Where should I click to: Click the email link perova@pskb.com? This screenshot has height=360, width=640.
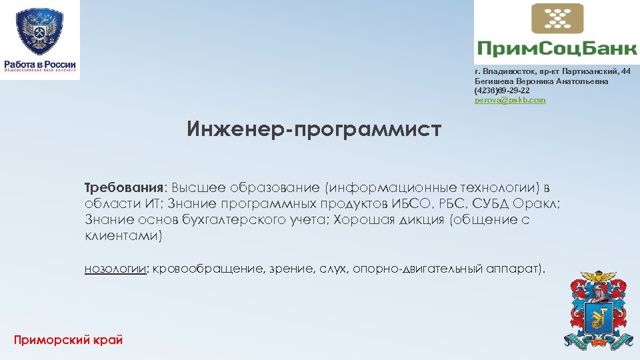click(x=510, y=100)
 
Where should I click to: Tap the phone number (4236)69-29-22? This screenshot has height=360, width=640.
click(x=502, y=90)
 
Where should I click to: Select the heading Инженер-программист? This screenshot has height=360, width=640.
click(x=314, y=129)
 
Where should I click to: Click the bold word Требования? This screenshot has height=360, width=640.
click(x=125, y=188)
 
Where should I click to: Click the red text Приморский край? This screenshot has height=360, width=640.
click(x=69, y=340)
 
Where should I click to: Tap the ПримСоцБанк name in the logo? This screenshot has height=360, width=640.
click(x=555, y=48)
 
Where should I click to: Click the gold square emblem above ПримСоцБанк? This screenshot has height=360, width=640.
click(x=557, y=18)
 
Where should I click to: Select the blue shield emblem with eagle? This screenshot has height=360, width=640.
click(x=39, y=30)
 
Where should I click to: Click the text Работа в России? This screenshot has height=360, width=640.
click(x=40, y=63)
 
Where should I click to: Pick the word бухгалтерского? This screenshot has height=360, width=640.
click(x=227, y=220)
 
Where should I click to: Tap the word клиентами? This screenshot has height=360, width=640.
click(x=123, y=236)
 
